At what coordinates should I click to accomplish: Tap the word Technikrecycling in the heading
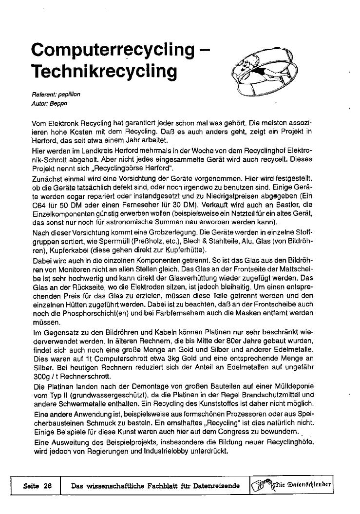coord(103,72)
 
